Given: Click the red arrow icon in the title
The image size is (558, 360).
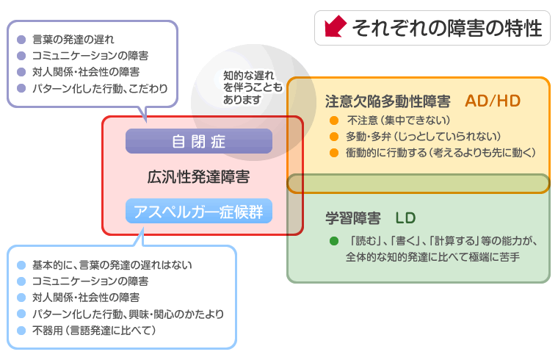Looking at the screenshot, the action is tap(336, 26).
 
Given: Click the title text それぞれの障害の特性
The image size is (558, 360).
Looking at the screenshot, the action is tap(447, 28).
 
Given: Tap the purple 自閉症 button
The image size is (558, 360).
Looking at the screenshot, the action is tap(199, 141).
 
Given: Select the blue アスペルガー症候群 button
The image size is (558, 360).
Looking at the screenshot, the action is tap(199, 211).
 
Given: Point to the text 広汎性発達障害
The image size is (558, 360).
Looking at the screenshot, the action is tap(198, 177).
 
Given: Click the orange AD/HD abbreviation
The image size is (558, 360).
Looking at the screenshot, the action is tap(493, 101).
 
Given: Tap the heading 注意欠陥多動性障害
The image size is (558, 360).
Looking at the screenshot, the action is tap(388, 101).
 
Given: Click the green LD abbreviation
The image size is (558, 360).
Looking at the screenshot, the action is tap(405, 218).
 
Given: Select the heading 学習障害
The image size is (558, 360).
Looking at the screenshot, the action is tap(353, 218).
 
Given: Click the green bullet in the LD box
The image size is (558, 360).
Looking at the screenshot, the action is tap(334, 241).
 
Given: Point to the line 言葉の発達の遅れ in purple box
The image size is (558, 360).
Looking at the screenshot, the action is tap(73, 39).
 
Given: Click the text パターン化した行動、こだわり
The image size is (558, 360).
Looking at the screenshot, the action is tap(100, 88).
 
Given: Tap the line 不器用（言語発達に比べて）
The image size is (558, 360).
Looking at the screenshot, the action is tap(94, 331).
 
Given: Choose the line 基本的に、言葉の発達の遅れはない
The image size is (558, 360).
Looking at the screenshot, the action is tap(112, 265).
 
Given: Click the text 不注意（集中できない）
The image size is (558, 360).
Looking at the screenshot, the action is tap(399, 120).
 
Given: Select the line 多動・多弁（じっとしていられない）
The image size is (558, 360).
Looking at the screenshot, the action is tap(424, 137).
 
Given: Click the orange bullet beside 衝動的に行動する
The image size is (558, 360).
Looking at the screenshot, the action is tap(334, 153).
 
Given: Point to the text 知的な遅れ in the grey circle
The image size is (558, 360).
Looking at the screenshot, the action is tap(249, 76).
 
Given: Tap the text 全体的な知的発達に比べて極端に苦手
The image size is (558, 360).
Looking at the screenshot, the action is tap(432, 256).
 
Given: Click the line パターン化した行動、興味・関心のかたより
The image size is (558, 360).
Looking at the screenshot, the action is tap(128, 314).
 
